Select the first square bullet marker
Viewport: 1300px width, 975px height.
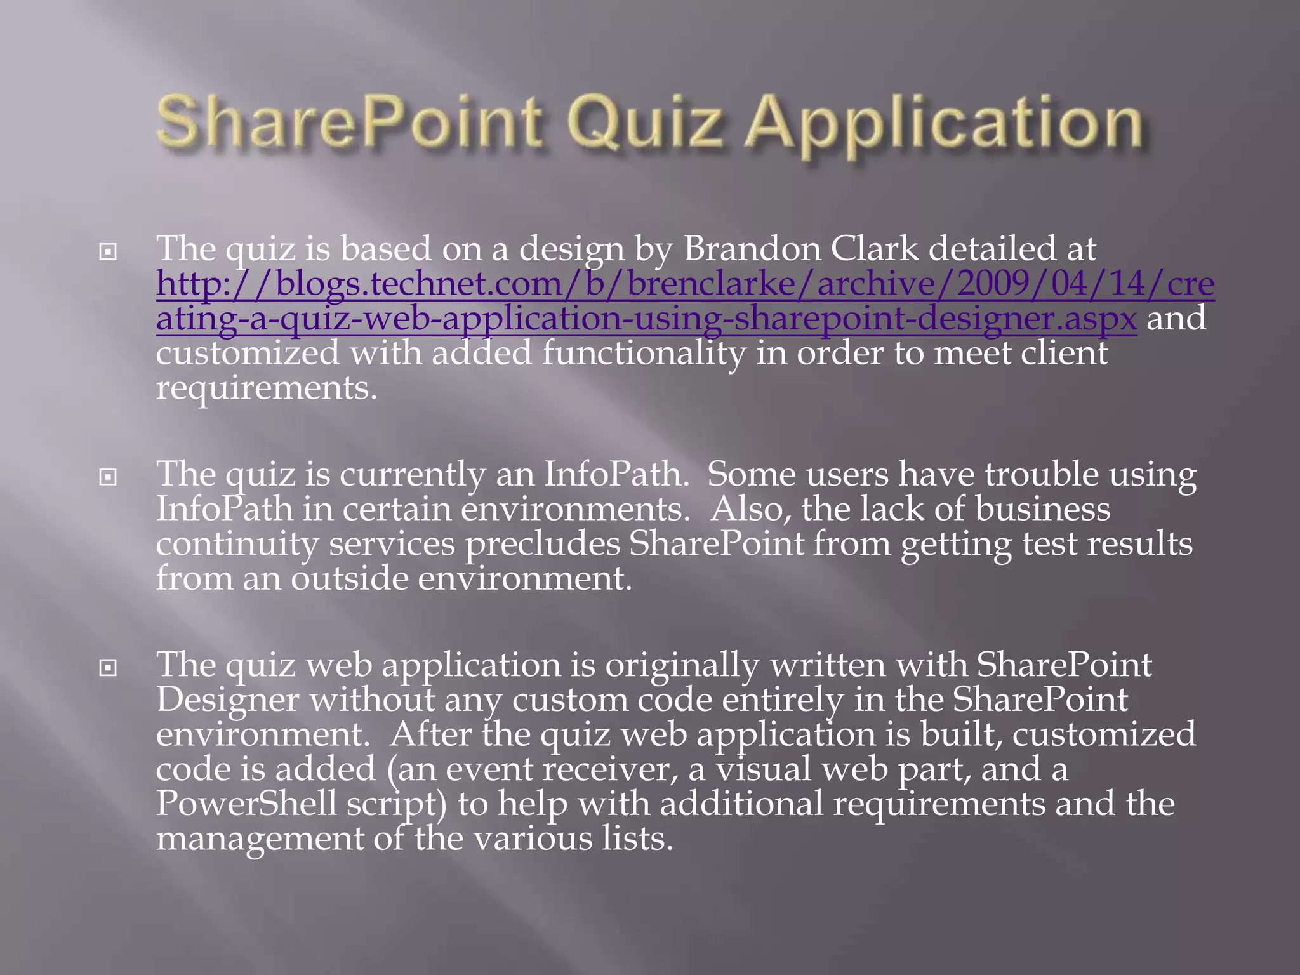click(x=109, y=253)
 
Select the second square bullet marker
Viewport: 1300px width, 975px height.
click(x=109, y=477)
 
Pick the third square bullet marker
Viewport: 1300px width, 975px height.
click(x=109, y=668)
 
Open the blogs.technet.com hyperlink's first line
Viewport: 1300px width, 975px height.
click(x=685, y=284)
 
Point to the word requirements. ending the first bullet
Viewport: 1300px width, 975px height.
click(x=267, y=388)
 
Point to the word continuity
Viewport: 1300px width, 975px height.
click(x=237, y=544)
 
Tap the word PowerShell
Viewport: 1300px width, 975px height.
click(x=246, y=804)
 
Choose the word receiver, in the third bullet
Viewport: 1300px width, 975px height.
click(x=610, y=769)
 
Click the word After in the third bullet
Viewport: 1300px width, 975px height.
click(x=431, y=734)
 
